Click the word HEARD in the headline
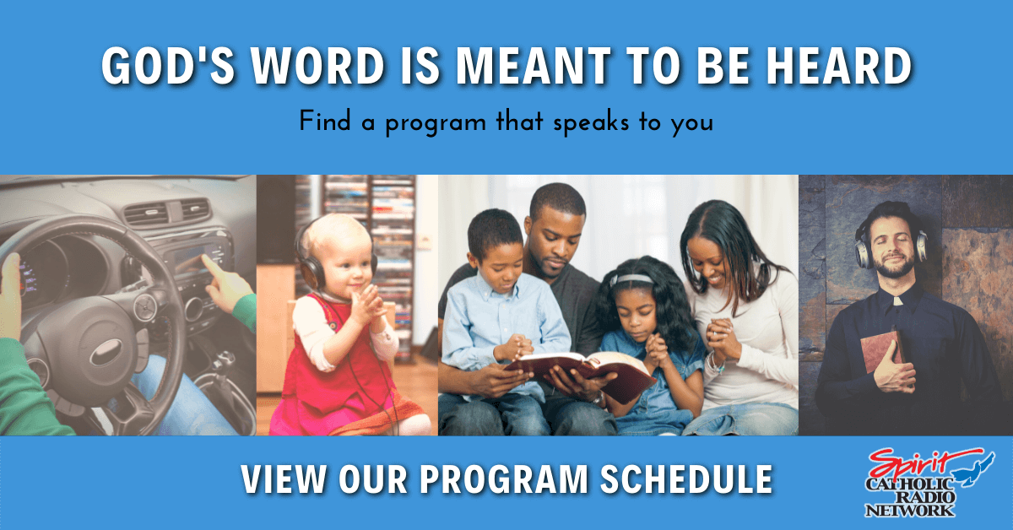tap(839, 66)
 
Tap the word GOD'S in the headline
tap(168, 66)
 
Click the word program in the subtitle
tap(436, 123)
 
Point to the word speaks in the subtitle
tap(591, 123)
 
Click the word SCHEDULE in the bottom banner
tap(686, 479)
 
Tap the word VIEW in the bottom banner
tap(283, 479)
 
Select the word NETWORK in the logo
tap(909, 511)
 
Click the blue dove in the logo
tap(977, 470)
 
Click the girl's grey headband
tap(631, 279)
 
